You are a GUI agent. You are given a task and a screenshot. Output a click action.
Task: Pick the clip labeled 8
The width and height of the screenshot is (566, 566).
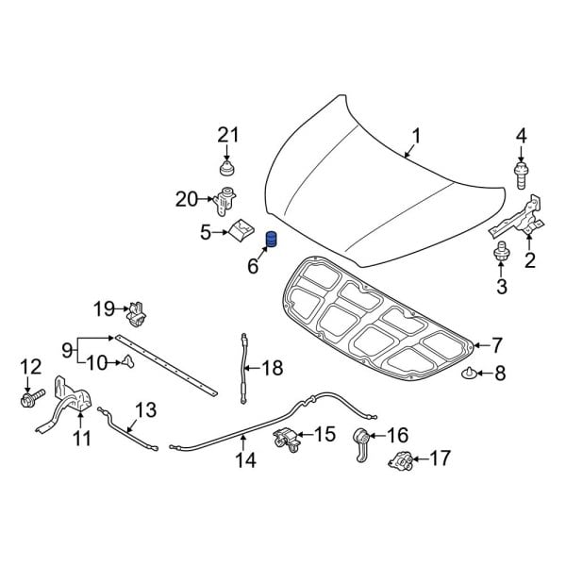click(x=470, y=375)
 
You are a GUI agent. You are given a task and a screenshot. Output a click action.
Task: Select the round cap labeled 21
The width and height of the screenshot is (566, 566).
click(x=225, y=170)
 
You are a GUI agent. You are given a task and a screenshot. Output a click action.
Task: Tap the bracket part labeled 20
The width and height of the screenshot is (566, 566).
click(x=225, y=201)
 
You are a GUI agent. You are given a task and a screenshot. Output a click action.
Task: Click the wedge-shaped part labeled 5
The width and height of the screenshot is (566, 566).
click(x=243, y=229)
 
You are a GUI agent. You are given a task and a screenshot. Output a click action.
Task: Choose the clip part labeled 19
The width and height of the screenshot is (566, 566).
click(x=138, y=309)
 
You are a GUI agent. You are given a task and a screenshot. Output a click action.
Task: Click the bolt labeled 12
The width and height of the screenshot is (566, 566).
click(x=27, y=400)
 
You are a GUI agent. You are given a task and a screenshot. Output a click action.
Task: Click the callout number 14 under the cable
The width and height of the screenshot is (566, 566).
click(x=244, y=461)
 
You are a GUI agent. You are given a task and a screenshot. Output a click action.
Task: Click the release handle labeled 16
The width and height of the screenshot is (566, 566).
click(x=360, y=440)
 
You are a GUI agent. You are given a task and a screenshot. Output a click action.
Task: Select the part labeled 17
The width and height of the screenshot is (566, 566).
click(x=400, y=461)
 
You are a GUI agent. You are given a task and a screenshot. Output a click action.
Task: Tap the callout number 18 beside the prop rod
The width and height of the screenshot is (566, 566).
click(x=272, y=368)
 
